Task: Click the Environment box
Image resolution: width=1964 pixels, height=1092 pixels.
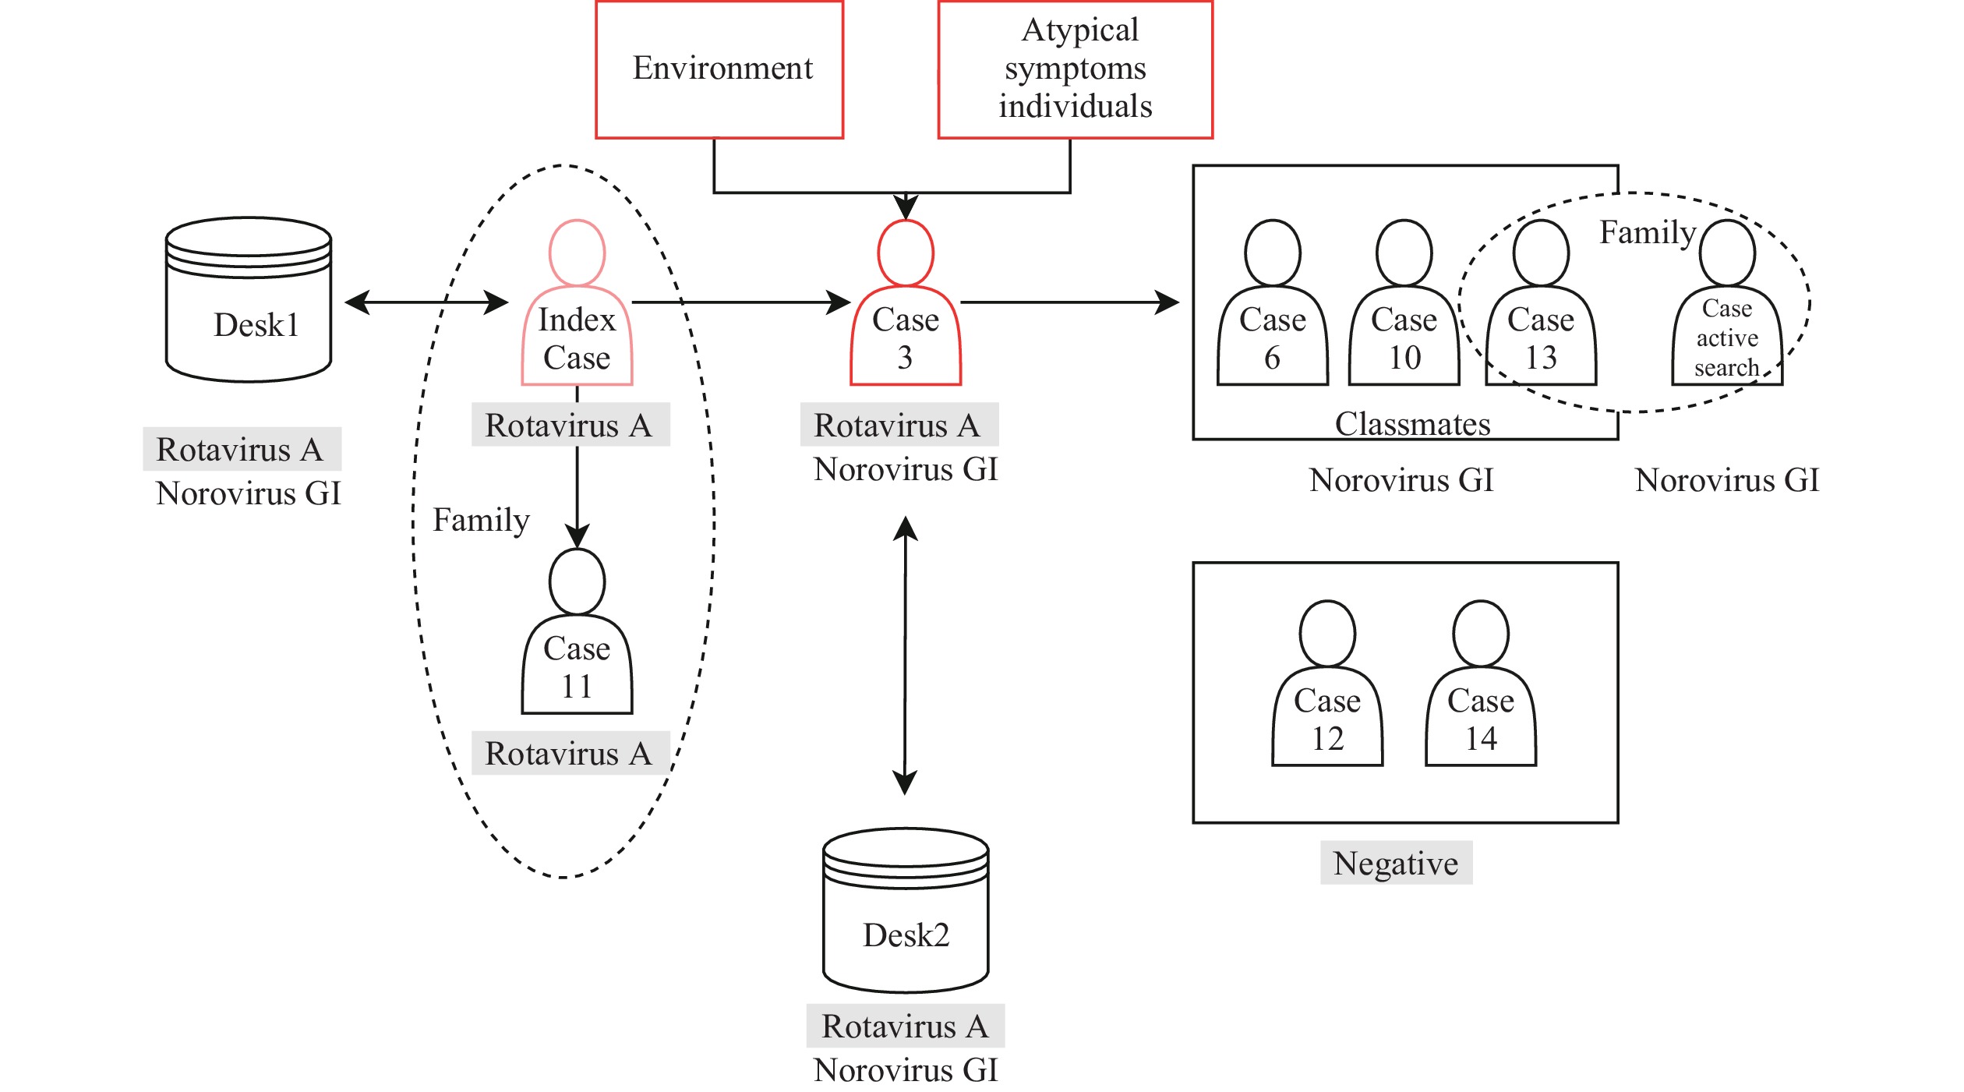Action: (719, 69)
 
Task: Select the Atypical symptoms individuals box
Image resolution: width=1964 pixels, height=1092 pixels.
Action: (1075, 69)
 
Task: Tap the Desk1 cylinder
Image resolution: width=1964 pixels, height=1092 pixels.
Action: (249, 300)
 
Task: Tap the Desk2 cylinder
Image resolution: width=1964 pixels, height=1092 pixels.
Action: (906, 910)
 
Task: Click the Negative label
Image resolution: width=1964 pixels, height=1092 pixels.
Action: (1396, 864)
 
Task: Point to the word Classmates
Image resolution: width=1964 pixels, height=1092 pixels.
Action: (1412, 424)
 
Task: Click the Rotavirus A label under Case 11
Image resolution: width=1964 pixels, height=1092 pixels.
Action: (569, 754)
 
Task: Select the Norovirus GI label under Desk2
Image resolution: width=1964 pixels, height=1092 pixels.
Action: (906, 1070)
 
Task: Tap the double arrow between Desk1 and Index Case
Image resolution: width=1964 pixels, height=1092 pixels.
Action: (426, 302)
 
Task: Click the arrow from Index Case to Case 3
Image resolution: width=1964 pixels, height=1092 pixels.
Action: (740, 302)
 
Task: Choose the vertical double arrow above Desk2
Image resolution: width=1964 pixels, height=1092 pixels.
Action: (905, 655)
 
